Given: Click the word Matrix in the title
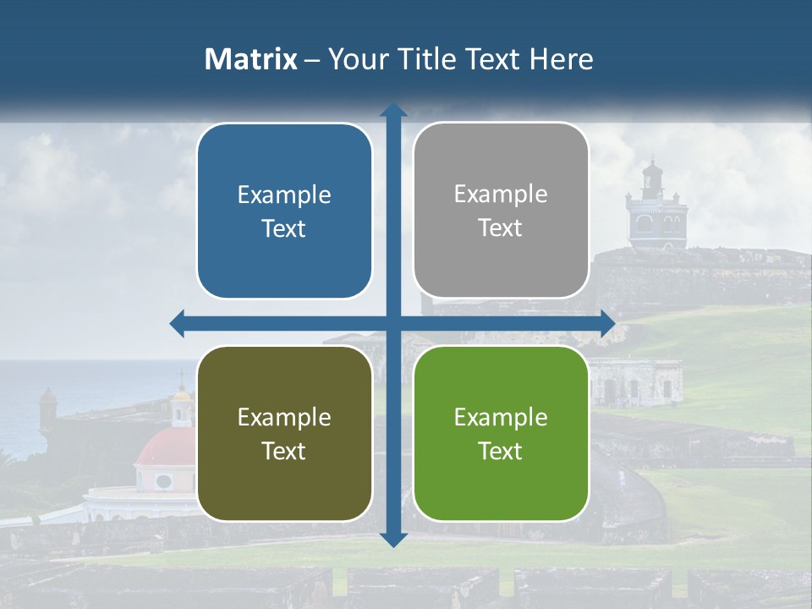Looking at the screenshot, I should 251,59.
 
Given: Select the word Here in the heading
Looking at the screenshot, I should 562,59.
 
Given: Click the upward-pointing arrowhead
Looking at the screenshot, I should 393,110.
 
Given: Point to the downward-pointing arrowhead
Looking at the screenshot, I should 393,539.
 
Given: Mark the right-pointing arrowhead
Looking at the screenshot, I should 606,323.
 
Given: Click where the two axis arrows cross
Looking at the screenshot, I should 393,323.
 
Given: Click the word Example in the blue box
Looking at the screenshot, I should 284,195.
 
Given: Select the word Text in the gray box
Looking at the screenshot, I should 501,228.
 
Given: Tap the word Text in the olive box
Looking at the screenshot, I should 284,451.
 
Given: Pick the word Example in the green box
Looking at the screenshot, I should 501,417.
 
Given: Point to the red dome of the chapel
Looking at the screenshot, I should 165,446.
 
